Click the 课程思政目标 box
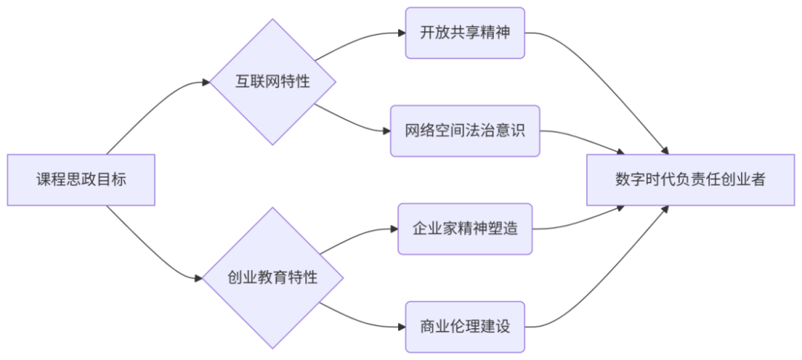81,180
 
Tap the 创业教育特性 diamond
273,278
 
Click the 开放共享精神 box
465,33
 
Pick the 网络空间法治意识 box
465,131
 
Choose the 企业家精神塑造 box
465,229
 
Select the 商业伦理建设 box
465,327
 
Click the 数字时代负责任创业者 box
690,180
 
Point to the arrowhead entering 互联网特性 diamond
206,82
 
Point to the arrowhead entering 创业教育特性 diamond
198,278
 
